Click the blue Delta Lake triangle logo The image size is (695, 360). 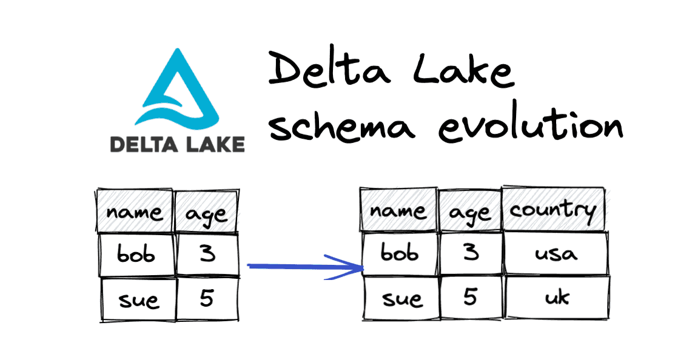point(177,88)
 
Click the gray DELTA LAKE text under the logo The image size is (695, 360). point(177,144)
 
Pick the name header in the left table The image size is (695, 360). point(135,212)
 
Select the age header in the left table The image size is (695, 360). point(207,212)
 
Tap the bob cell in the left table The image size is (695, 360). point(136,254)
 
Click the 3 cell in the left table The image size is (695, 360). point(207,254)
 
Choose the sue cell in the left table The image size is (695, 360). point(138,299)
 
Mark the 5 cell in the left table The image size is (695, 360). point(207,298)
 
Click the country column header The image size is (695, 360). point(553,209)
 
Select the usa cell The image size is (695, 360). point(556,253)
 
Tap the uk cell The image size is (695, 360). point(557,297)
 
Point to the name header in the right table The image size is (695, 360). point(398,210)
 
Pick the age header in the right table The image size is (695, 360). point(470,211)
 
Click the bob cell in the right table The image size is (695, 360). point(400,253)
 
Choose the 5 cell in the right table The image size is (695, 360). point(471,297)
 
